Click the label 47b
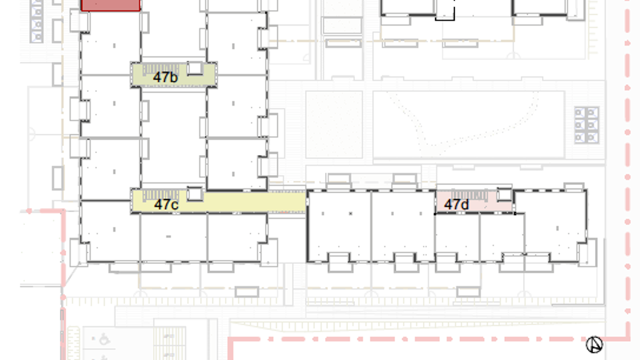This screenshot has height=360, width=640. click(x=165, y=77)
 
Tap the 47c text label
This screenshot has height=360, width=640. click(x=166, y=204)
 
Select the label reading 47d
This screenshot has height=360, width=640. click(x=456, y=204)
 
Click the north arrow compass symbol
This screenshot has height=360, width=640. click(x=594, y=344)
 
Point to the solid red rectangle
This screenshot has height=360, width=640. click(x=111, y=5)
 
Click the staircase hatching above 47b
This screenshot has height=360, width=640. click(x=161, y=68)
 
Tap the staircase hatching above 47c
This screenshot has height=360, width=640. click(x=161, y=195)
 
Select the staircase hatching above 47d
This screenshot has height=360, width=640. click(x=469, y=195)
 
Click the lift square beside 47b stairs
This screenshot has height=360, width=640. click(x=195, y=68)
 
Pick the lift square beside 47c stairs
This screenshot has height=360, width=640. click(x=195, y=194)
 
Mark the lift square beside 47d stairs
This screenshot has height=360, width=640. click(x=504, y=195)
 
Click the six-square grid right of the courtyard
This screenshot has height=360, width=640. click(x=586, y=125)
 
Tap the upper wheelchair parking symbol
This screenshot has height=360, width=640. click(x=104, y=339)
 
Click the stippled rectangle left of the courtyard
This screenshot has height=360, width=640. click(x=334, y=124)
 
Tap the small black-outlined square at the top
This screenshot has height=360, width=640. click(x=445, y=10)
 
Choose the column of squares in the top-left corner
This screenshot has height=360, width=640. click(x=37, y=21)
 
